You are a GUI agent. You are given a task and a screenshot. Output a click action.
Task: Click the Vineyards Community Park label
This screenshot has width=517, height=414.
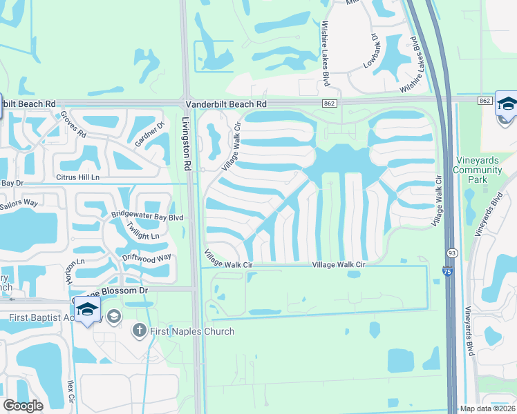point(477,170)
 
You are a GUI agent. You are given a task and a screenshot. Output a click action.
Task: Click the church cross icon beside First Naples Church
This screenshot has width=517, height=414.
point(138,331)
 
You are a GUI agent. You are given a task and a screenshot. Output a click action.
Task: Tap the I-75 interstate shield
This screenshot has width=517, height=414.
point(446,271)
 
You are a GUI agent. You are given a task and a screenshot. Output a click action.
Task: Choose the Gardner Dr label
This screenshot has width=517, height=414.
point(149,134)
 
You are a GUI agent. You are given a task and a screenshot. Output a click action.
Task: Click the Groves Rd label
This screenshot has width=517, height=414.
point(73,124)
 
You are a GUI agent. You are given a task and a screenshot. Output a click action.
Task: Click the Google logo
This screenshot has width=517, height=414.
point(23,406)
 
